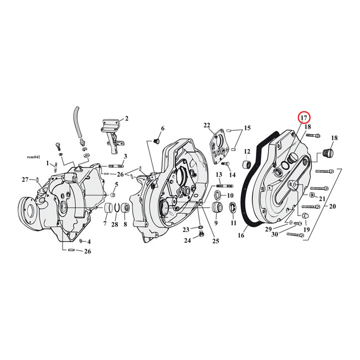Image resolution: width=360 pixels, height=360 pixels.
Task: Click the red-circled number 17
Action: (x=304, y=118)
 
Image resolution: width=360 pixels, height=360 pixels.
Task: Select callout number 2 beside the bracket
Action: (x=126, y=118)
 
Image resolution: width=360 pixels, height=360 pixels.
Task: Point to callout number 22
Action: (x=207, y=125)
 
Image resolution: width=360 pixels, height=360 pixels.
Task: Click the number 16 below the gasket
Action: (x=241, y=235)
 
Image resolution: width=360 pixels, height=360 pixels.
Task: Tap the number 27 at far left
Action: (x=24, y=179)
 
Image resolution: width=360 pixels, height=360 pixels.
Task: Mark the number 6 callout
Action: (x=162, y=128)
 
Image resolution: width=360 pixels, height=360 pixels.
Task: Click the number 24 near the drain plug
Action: (x=187, y=240)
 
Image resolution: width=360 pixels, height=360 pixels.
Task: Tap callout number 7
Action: (x=105, y=224)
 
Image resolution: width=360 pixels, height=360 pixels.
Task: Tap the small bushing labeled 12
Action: (x=247, y=166)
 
